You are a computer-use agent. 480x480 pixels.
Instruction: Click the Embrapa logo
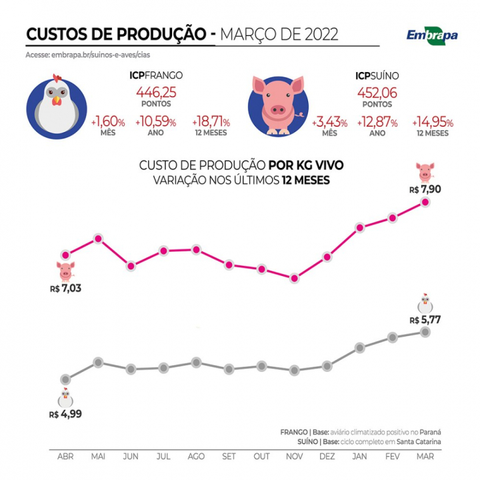click(432, 34)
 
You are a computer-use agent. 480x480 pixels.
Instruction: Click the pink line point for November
click(294, 278)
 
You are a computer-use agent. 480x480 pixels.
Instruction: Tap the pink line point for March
click(425, 201)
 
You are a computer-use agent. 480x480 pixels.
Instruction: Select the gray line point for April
click(65, 379)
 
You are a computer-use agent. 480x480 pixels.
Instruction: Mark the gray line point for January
click(360, 347)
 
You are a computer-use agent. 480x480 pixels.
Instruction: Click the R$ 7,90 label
click(425, 189)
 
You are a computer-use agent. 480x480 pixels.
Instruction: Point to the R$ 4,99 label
click(66, 414)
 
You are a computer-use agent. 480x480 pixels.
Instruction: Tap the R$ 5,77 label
click(425, 319)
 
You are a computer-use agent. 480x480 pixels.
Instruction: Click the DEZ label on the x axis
click(327, 457)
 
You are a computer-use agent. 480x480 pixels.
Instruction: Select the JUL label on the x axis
click(163, 457)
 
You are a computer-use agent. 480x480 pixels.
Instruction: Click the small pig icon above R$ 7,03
click(65, 271)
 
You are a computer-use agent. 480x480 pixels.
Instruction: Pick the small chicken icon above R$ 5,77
click(425, 303)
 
